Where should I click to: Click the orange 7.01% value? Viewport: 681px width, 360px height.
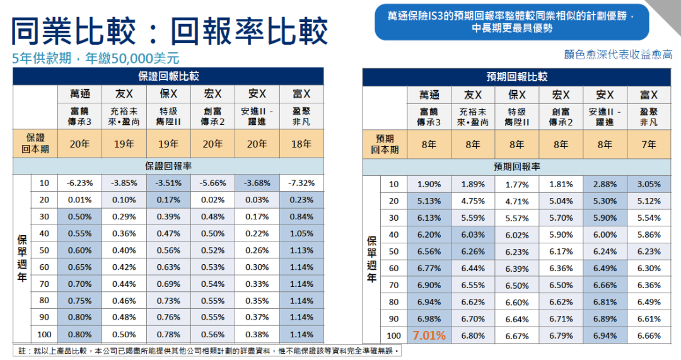(429, 335)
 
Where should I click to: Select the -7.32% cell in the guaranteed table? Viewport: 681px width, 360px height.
(301, 183)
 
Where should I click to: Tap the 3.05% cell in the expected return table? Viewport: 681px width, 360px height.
(649, 184)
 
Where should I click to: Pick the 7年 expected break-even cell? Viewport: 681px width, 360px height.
(649, 144)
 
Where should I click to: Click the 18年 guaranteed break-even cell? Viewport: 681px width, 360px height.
(301, 144)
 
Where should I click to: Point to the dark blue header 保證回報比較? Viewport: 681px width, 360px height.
(168, 76)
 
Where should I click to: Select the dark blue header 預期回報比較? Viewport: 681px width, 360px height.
(516, 77)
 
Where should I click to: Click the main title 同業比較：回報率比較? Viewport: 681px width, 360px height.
(170, 30)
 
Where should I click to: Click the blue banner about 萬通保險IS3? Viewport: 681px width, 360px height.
(511, 22)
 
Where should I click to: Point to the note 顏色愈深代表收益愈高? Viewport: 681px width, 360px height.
(618, 55)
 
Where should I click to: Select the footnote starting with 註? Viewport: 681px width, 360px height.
(208, 350)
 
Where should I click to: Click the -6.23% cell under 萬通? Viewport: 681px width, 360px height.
(79, 183)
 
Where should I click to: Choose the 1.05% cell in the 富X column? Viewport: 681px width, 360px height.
(301, 233)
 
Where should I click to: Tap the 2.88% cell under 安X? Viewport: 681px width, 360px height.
(605, 184)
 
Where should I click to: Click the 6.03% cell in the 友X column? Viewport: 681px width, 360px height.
(473, 234)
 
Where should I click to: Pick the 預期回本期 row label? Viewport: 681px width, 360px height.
(385, 144)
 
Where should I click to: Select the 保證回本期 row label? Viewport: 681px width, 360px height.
(35, 144)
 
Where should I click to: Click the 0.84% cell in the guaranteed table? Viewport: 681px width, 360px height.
(301, 216)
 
